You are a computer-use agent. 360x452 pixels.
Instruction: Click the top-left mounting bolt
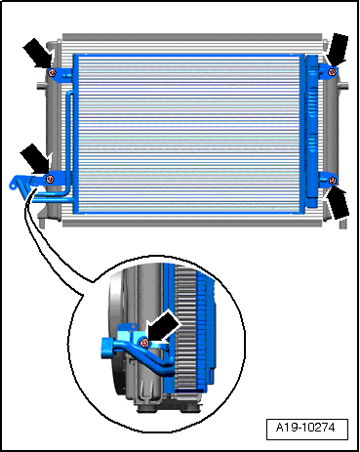click(x=52, y=72)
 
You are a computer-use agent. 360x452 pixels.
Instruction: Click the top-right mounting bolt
click(x=332, y=72)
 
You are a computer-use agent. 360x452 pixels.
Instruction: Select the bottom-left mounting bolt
click(x=50, y=179)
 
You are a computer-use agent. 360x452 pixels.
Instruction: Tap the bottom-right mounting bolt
click(x=333, y=181)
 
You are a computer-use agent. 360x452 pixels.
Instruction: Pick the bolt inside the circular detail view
click(x=144, y=343)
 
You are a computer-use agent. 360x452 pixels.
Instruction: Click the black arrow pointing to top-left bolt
click(x=38, y=54)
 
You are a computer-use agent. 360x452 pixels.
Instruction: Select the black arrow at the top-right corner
click(x=339, y=50)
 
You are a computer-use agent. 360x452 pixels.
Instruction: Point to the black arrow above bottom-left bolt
click(x=35, y=159)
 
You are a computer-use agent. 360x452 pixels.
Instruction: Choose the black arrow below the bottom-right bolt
click(x=339, y=202)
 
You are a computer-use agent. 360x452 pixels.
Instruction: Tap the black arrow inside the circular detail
click(x=164, y=326)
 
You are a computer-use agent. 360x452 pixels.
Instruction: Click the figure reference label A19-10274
click(x=305, y=427)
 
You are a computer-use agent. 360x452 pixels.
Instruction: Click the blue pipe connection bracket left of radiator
click(x=22, y=184)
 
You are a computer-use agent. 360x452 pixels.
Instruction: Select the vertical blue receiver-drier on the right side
click(x=312, y=131)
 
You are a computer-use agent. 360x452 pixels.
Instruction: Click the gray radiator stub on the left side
click(x=42, y=86)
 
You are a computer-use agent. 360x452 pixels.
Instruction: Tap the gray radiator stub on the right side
click(x=343, y=87)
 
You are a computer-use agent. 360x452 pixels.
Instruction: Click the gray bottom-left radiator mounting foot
click(x=42, y=222)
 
